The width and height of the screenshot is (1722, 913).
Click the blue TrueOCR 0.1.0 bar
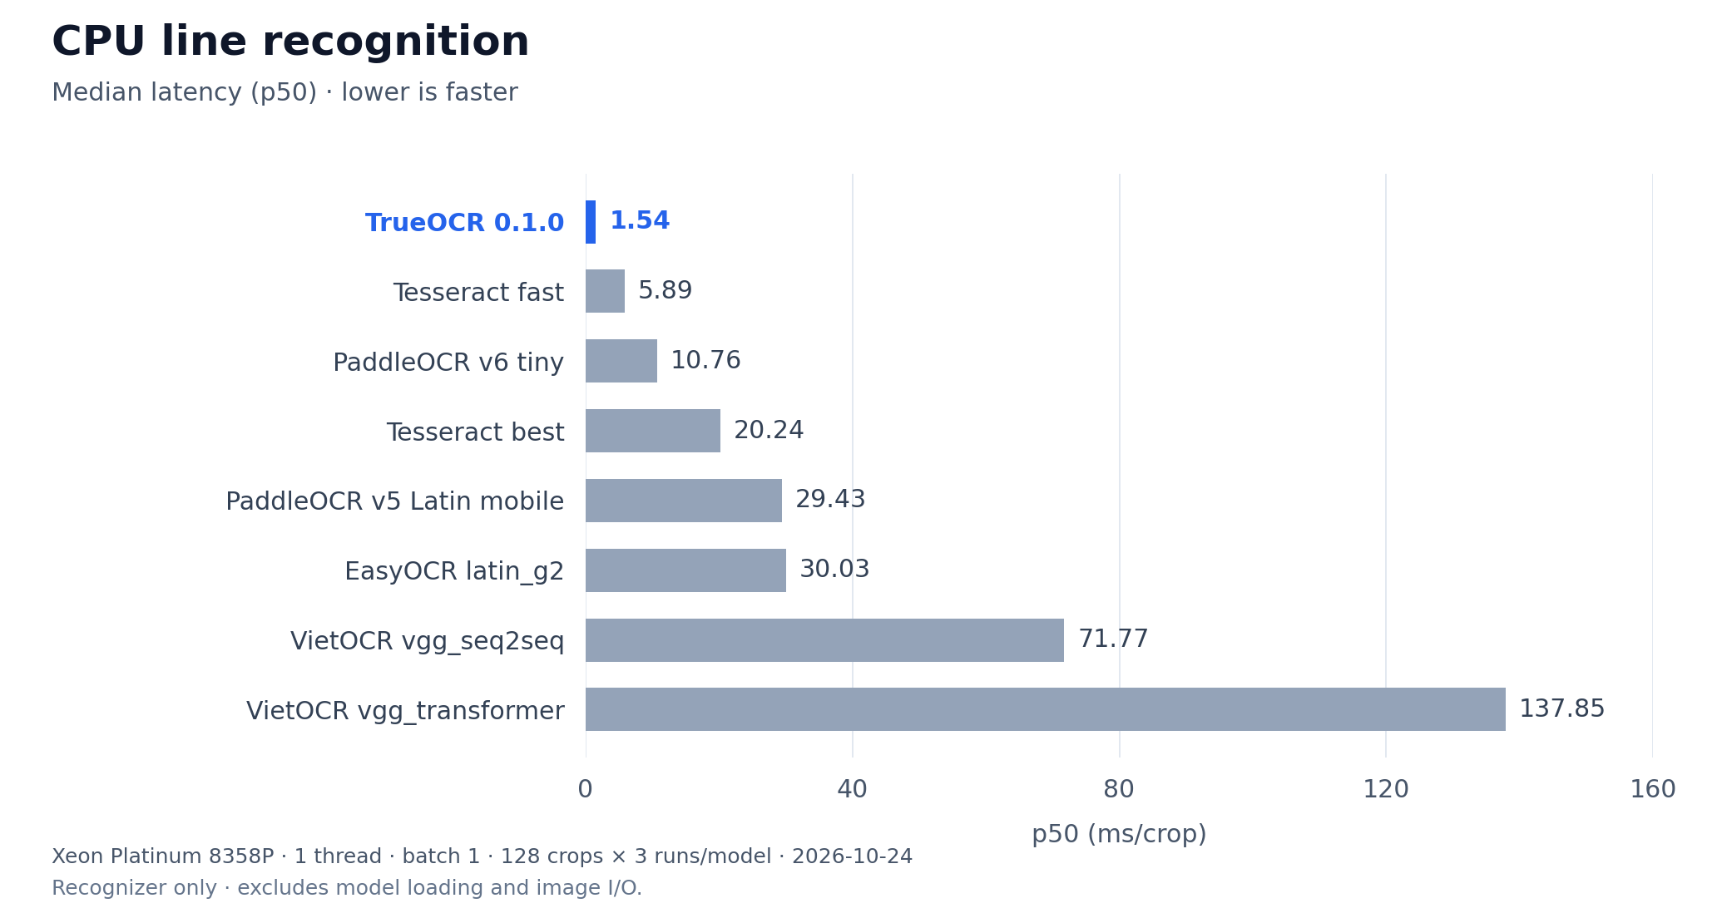(591, 222)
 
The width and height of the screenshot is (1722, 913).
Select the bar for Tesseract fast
(605, 291)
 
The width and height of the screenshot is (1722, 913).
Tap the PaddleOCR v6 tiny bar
(621, 361)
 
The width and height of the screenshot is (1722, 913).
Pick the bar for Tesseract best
(653, 431)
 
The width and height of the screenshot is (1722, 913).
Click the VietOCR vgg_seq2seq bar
(824, 640)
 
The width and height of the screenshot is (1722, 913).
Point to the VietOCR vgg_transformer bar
(1046, 709)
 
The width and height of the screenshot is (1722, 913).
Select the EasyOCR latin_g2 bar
(685, 570)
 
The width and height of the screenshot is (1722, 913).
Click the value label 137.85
(1561, 709)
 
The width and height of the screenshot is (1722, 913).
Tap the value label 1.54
(640, 221)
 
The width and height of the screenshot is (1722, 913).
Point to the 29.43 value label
(830, 500)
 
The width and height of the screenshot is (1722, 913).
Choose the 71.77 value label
(1113, 639)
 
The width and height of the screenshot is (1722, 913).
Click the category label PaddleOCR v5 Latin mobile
(395, 501)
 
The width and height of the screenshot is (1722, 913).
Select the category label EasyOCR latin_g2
(454, 572)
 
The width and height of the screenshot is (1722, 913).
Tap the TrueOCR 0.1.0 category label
(465, 223)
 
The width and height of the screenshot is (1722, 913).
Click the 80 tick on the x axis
(1119, 790)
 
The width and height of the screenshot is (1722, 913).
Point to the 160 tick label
(1653, 790)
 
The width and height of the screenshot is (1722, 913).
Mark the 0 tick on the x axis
(586, 790)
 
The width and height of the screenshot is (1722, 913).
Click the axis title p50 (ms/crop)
(1119, 835)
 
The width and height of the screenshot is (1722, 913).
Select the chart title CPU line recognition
(290, 42)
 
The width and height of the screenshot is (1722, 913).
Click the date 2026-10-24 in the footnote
(852, 857)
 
